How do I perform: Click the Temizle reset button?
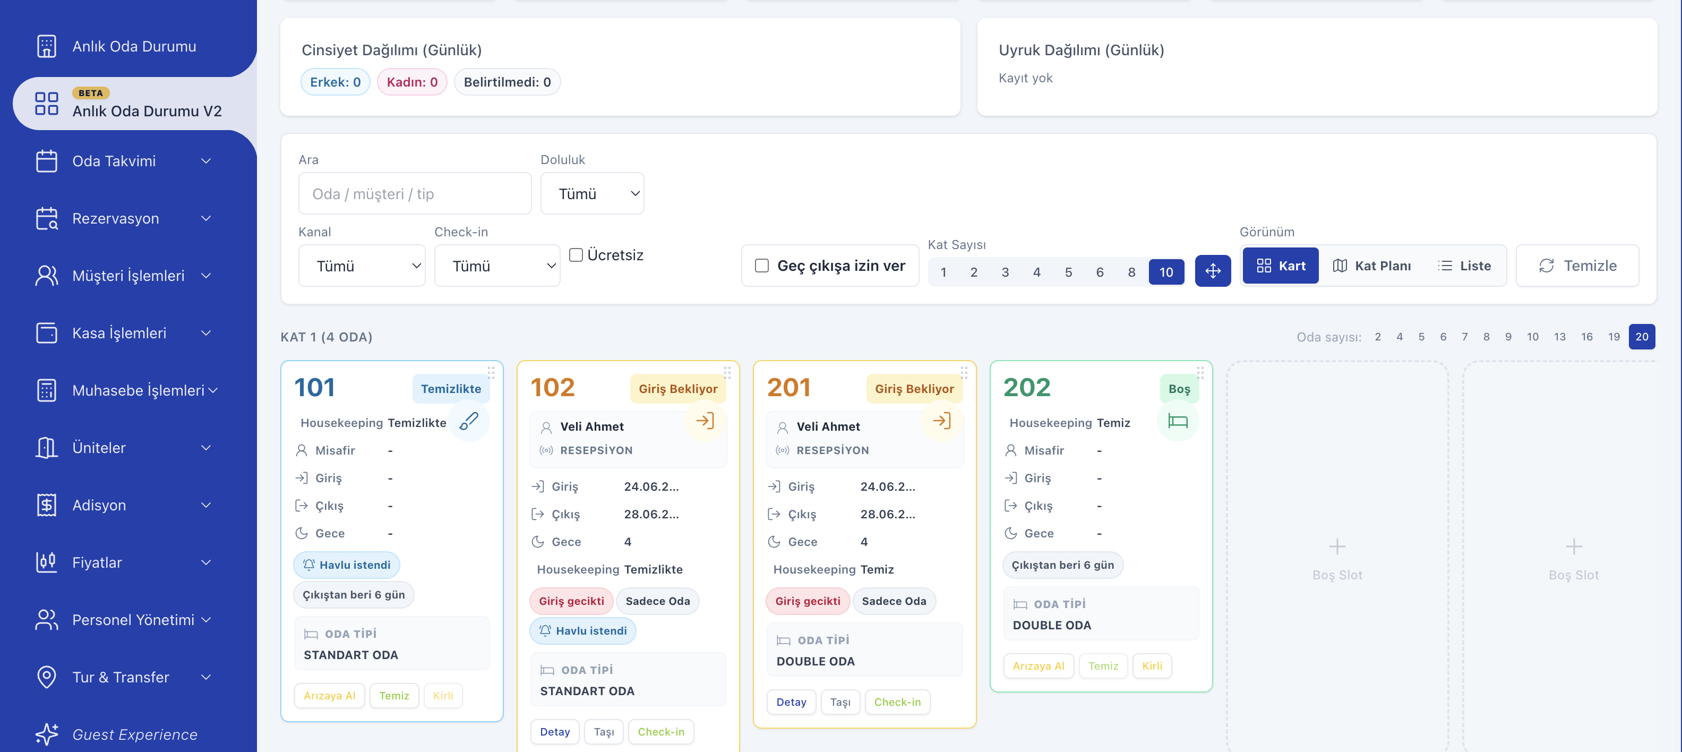coord(1577,266)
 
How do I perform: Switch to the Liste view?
coord(1464,266)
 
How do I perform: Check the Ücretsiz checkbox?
coord(576,255)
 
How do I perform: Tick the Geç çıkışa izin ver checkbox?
coord(761,266)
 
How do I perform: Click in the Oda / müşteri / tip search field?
coord(415,193)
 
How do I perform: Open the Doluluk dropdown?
coord(592,193)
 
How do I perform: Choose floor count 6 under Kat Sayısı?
coord(1100,272)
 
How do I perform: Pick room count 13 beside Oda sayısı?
coord(1559,337)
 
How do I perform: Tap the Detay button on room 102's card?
coord(554,732)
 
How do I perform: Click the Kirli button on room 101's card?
coord(443,696)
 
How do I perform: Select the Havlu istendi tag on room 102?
coord(582,630)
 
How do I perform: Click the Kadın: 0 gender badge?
coord(412,82)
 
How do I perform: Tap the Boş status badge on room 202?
coord(1179,389)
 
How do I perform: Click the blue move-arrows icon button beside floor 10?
coord(1213,270)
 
